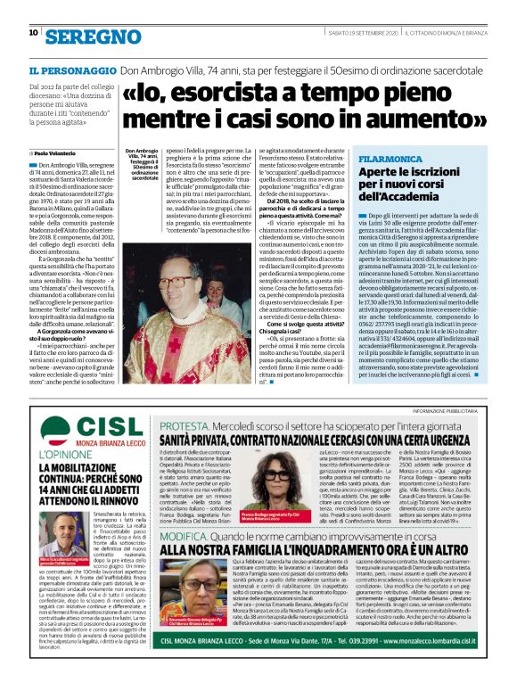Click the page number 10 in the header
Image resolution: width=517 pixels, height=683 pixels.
point(33,33)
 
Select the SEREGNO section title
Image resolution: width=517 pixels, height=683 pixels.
point(90,35)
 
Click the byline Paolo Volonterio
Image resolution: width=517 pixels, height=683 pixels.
point(58,153)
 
